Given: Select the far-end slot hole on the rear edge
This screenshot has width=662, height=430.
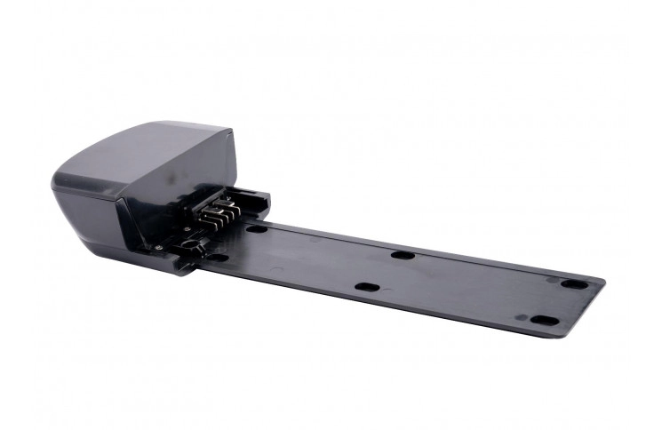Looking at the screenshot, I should pos(574,284).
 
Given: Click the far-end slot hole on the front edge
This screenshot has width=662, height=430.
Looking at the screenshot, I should pos(543,321).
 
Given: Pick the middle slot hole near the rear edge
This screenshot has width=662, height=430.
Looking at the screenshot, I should pos(402,255).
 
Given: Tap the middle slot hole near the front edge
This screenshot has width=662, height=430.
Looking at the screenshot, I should pos(366,287).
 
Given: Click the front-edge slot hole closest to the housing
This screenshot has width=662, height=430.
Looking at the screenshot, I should pos(217,258).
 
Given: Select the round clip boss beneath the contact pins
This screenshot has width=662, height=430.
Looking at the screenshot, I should pos(188,243).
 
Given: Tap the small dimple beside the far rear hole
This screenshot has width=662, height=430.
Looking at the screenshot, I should pos(552,281).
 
